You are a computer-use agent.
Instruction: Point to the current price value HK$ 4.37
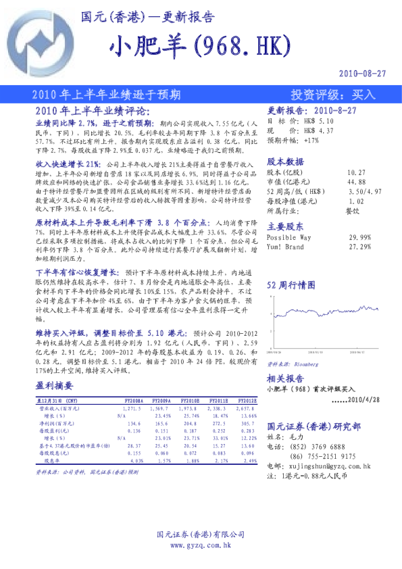(319, 130)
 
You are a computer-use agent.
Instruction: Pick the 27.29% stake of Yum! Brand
(360, 247)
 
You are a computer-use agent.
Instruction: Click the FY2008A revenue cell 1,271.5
(132, 410)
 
